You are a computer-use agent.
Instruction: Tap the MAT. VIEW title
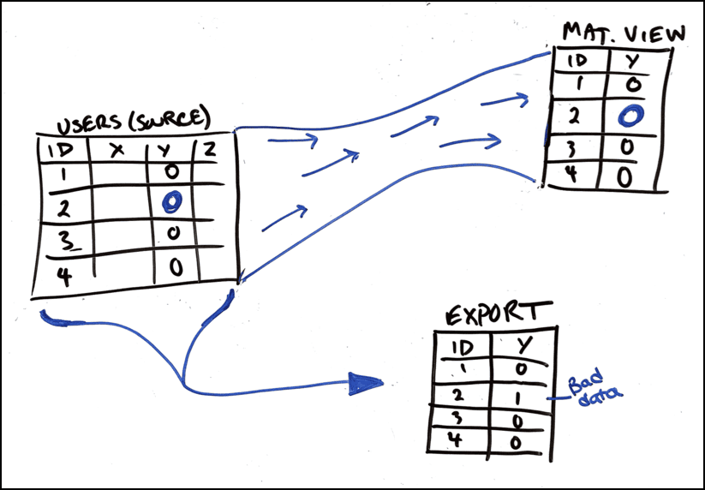(623, 34)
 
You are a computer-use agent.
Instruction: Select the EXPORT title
(496, 315)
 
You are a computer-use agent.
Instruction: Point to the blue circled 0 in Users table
(172, 201)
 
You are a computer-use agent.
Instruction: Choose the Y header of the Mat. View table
(632, 60)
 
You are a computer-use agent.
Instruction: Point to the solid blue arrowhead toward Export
(366, 385)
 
